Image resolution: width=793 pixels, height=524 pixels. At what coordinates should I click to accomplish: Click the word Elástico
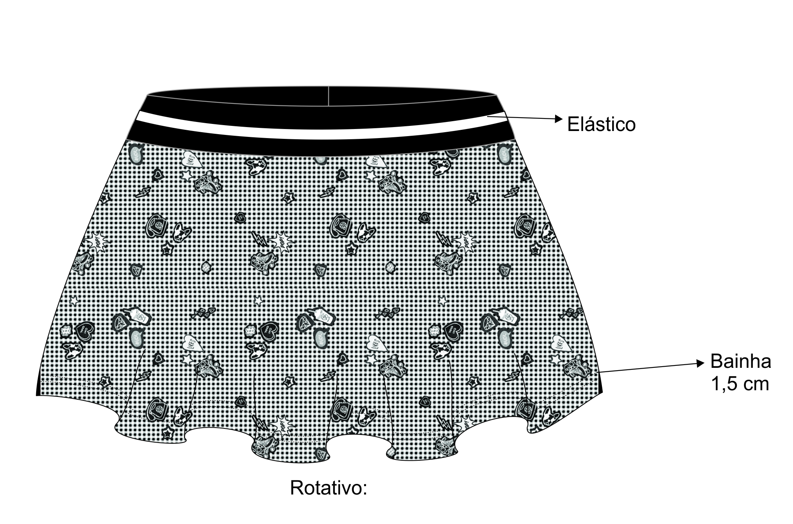pos(601,124)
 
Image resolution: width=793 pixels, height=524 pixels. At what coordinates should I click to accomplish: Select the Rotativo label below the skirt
pos(328,488)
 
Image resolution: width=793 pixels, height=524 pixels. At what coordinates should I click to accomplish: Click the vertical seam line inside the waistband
pos(328,96)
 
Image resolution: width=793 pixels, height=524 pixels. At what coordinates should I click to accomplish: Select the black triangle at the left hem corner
pos(38,386)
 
